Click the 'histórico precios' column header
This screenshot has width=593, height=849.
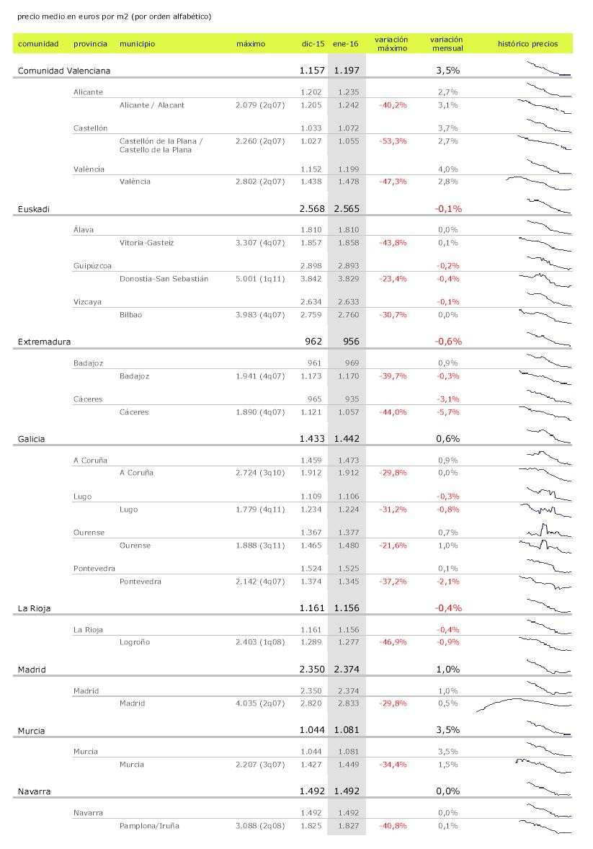[527, 44]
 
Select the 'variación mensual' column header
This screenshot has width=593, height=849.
[446, 44]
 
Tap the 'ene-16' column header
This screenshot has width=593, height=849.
[346, 44]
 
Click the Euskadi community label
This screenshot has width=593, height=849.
[34, 209]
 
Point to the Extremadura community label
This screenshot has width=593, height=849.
[44, 342]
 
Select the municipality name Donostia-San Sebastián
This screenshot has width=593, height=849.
[164, 279]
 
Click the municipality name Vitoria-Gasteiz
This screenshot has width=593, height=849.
[146, 243]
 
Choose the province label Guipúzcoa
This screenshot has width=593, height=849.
[92, 266]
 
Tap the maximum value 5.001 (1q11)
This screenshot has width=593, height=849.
[260, 279]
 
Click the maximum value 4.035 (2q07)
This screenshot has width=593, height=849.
[260, 703]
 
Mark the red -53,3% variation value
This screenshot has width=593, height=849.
[393, 141]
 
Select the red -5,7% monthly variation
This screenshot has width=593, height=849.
[447, 412]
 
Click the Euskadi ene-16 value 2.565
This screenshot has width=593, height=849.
[346, 209]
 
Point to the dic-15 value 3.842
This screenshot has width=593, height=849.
[311, 279]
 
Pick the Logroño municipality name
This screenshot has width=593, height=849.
[135, 642]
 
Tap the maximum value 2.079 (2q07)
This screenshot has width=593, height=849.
[260, 105]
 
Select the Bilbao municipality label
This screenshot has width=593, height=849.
[130, 315]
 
